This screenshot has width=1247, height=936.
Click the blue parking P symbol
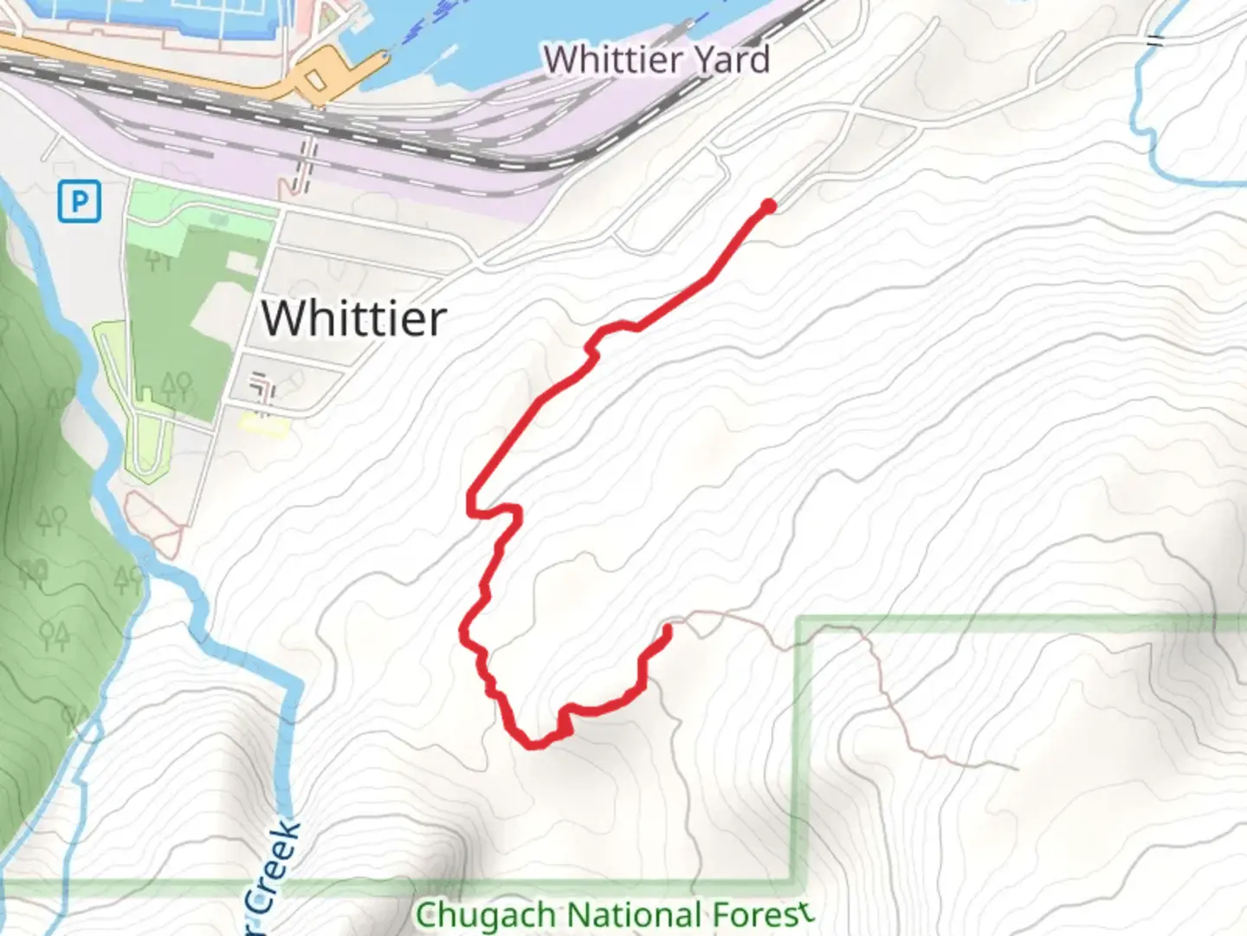[80, 202]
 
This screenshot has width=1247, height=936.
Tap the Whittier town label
[353, 318]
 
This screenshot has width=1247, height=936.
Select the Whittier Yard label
[656, 60]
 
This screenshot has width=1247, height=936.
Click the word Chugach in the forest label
[486, 915]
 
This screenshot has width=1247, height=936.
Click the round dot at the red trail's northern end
[768, 205]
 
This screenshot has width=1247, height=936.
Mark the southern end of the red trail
[667, 629]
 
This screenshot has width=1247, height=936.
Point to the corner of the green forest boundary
[798, 620]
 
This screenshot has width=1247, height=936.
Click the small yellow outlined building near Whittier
[263, 424]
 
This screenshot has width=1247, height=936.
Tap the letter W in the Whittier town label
[285, 318]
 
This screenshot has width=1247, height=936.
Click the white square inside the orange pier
[316, 81]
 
